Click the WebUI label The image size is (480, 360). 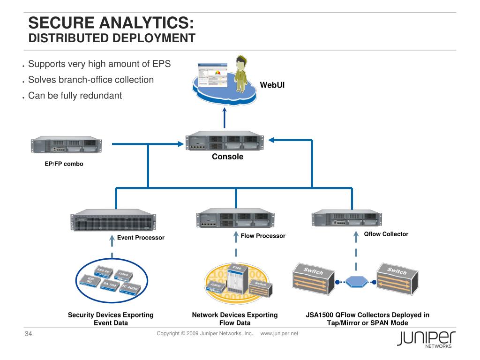272,85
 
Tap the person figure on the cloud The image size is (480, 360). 241,74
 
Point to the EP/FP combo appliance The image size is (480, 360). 66,145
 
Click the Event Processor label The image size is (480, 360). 141,238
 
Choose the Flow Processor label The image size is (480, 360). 263,236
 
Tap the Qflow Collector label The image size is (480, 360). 386,234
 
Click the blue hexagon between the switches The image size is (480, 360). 357,282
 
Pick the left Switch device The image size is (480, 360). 314,280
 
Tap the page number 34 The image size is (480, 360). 28,334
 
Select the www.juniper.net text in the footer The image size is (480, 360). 279,333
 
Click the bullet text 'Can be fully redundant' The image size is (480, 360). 75,96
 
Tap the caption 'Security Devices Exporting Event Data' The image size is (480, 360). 111,319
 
